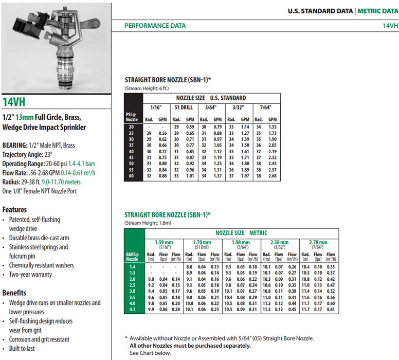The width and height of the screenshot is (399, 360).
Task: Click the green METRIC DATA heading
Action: (378, 11)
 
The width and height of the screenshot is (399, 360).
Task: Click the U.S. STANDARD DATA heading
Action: (320, 11)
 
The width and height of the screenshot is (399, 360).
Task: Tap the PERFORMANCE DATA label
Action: (155, 26)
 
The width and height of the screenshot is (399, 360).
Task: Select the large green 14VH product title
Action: (14, 102)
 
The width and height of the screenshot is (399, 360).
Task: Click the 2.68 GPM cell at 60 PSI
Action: (273, 176)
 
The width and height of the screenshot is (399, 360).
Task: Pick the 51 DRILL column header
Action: (184, 107)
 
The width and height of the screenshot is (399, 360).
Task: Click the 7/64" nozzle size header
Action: (266, 107)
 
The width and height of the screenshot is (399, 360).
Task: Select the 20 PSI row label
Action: (131, 127)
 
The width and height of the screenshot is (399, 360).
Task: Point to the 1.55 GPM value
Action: (273, 127)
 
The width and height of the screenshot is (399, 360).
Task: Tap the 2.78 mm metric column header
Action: (318, 242)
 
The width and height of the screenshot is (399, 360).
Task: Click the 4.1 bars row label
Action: (132, 310)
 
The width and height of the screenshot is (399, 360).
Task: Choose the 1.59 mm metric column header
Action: (164, 242)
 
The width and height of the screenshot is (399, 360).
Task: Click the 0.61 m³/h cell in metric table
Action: (331, 310)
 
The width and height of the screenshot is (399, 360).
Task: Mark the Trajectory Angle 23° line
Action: (27, 154)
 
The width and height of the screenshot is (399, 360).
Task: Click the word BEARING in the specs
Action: (15, 146)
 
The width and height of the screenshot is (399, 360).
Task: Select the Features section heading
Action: (14, 209)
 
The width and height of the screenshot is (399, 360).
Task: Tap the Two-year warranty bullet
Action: (30, 275)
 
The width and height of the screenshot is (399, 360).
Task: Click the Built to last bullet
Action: (22, 349)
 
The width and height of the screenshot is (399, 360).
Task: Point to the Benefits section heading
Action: (14, 293)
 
